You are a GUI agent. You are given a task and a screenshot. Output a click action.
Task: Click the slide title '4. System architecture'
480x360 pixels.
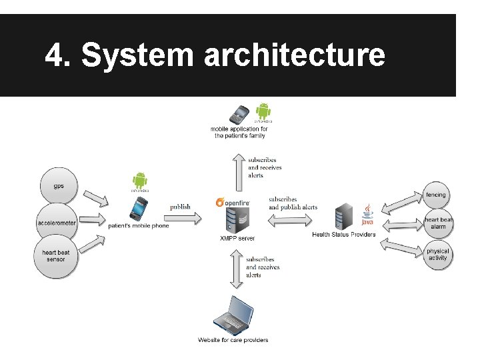(x=215, y=56)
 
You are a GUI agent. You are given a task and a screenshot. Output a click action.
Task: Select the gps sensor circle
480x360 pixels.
(x=59, y=186)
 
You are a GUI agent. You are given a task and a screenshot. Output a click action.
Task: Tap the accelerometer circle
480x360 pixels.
(x=57, y=223)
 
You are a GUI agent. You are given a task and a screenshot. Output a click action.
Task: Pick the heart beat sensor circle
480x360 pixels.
(x=56, y=257)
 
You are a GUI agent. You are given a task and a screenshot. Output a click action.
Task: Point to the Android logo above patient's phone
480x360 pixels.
(x=139, y=181)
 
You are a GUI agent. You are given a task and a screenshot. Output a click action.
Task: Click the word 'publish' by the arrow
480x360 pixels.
(x=180, y=207)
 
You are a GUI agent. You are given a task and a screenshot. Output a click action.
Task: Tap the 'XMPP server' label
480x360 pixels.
(x=237, y=238)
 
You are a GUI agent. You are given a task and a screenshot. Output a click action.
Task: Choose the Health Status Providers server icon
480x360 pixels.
(x=344, y=216)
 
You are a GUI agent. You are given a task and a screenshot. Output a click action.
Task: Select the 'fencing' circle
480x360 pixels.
(x=437, y=195)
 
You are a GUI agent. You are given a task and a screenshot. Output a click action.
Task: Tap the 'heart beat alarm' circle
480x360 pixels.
(x=437, y=223)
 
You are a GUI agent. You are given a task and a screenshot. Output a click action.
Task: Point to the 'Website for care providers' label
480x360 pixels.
(x=233, y=340)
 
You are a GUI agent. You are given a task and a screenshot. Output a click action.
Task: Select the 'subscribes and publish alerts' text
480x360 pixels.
(x=293, y=203)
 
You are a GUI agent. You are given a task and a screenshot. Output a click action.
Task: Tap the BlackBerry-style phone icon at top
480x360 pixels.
(x=239, y=114)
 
